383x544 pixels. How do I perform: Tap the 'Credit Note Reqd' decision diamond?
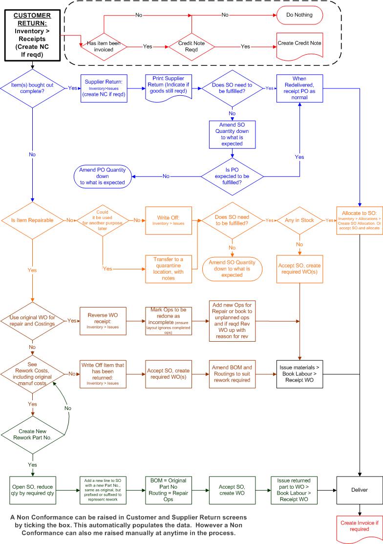click(x=191, y=46)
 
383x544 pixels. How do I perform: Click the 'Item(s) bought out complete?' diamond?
click(x=32, y=88)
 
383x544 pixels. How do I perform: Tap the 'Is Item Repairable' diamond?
click(x=32, y=221)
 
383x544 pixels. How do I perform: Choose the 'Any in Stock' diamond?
click(x=299, y=220)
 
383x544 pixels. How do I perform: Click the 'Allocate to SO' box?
click(x=359, y=221)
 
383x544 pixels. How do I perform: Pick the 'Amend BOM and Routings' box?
click(x=233, y=374)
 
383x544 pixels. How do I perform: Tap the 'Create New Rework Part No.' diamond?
click(x=32, y=434)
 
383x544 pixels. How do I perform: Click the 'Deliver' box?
click(x=359, y=490)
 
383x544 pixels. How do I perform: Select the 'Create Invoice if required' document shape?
click(x=359, y=526)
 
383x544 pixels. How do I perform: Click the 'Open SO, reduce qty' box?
click(x=32, y=490)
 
